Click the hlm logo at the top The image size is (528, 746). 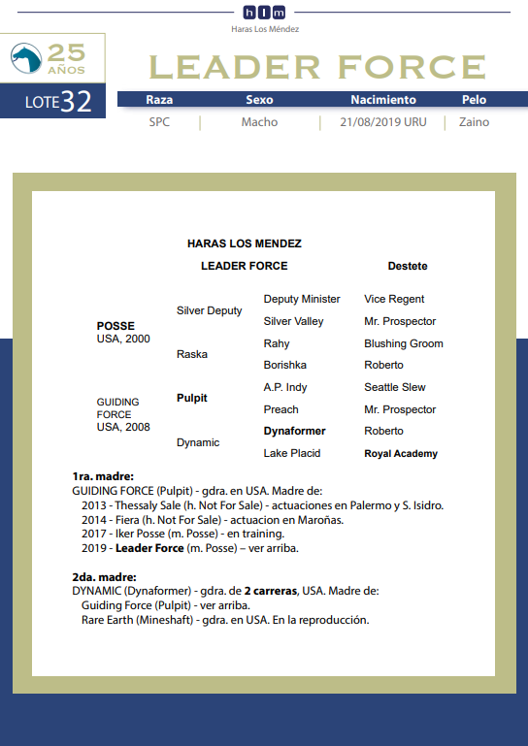click(264, 12)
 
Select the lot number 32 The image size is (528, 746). click(76, 103)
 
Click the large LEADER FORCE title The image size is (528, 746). click(317, 67)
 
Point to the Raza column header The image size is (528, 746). click(159, 100)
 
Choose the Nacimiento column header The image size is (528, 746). click(383, 100)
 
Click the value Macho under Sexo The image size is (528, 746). click(259, 122)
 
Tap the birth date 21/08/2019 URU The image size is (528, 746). click(383, 122)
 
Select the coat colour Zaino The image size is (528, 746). click(474, 122)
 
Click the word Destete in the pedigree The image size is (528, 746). click(408, 266)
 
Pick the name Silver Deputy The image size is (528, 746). click(210, 310)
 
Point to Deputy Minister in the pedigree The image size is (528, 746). click(302, 299)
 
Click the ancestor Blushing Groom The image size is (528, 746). click(404, 343)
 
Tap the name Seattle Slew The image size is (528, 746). click(395, 387)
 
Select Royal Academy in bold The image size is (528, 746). click(401, 453)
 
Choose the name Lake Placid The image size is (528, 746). click(292, 453)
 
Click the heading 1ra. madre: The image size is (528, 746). click(103, 477)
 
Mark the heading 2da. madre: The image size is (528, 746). click(104, 576)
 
